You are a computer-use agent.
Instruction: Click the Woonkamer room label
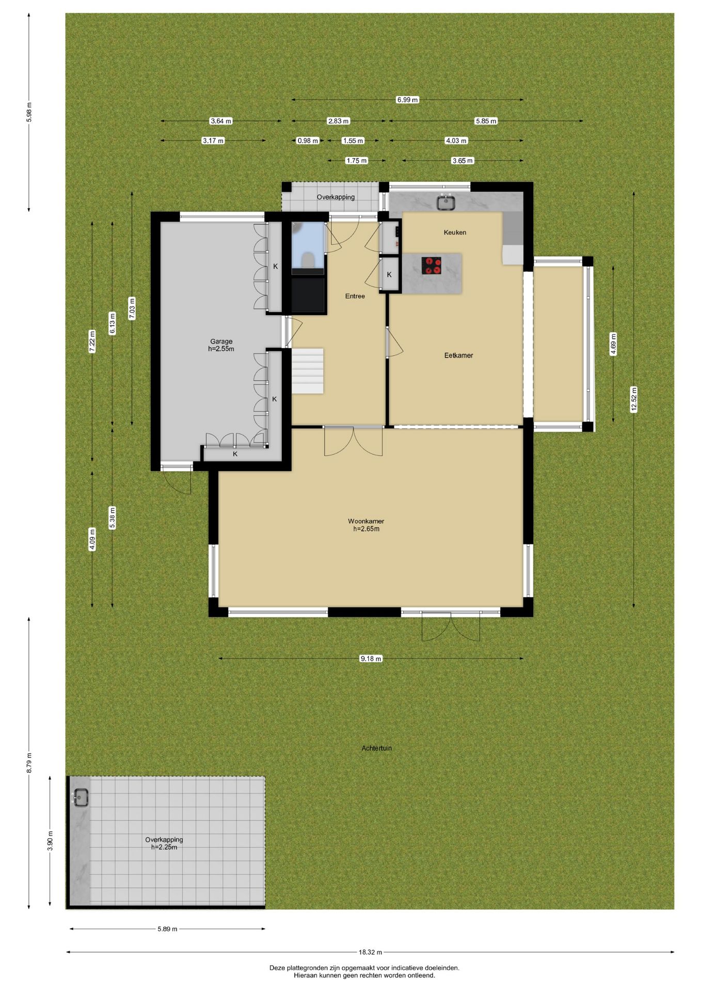(365, 521)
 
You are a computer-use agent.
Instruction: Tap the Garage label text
(221, 342)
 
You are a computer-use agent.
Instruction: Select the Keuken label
(455, 233)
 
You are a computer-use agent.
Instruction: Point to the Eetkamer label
(458, 355)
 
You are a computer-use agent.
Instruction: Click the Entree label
(355, 296)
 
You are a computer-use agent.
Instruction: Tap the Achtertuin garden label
(376, 748)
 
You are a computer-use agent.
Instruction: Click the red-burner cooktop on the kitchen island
(432, 266)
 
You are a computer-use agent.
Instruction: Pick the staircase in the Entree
(308, 371)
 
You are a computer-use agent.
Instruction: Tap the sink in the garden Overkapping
(81, 798)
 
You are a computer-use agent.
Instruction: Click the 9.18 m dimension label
(371, 659)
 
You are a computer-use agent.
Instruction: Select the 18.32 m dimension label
(370, 952)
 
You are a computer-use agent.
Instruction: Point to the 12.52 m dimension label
(634, 399)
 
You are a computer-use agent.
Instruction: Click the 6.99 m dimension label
(407, 100)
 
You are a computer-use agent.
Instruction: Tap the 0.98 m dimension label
(308, 141)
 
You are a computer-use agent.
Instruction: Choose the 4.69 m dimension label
(613, 344)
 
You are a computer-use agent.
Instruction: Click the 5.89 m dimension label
(167, 929)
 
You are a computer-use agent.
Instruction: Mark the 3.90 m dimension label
(50, 841)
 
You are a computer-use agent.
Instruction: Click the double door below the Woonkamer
(450, 626)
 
